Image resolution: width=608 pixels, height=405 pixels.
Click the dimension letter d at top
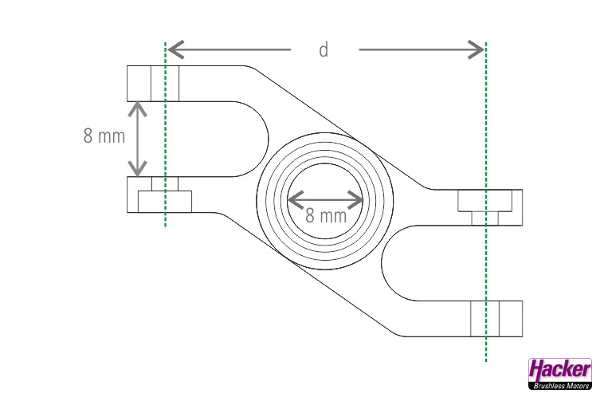click(324, 50)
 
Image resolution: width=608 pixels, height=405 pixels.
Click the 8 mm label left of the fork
click(104, 136)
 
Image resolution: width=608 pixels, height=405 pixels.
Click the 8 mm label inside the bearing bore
click(326, 215)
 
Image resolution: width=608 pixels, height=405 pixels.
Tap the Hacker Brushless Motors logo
click(560, 374)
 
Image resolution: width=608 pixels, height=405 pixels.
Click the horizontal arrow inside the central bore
click(325, 198)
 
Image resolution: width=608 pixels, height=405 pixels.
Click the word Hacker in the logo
click(560, 370)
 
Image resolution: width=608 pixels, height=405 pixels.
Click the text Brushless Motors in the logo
click(560, 386)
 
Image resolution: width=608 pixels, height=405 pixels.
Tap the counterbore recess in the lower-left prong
click(165, 202)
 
